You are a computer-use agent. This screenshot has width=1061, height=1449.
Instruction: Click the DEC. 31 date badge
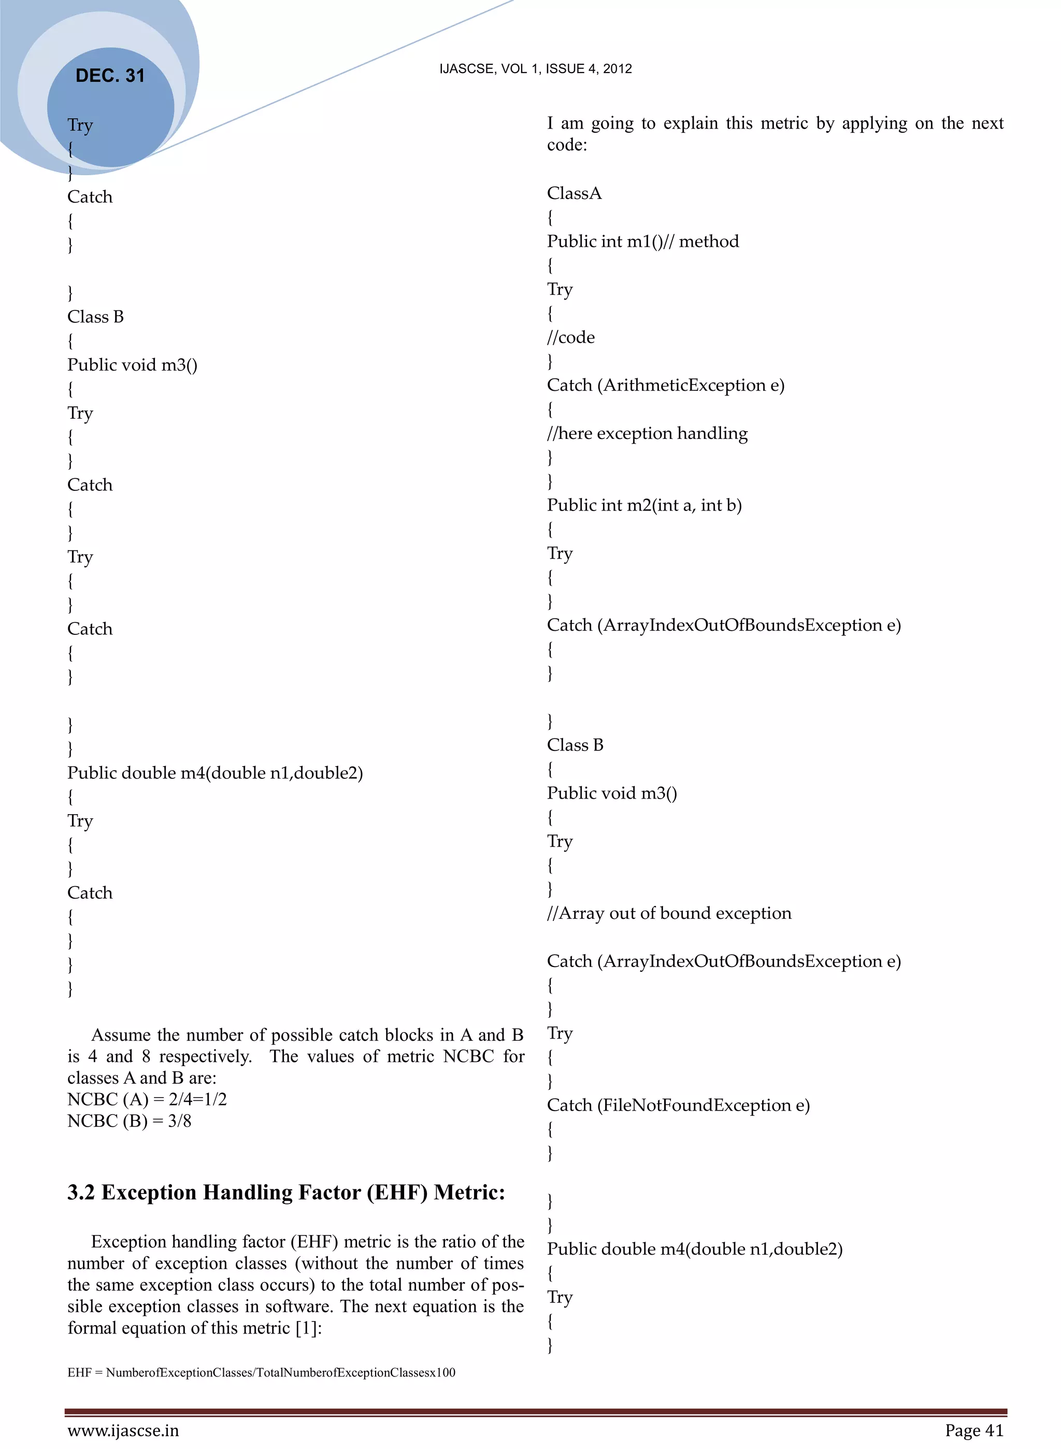pos(110,76)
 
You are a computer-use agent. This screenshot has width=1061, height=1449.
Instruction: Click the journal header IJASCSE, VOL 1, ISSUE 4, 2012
pos(535,69)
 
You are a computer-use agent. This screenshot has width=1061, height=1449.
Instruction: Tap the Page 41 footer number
pos(973,1430)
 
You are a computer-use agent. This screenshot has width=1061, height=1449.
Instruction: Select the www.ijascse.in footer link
pos(123,1430)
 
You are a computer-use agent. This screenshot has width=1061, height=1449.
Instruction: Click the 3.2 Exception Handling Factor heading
pos(286,1192)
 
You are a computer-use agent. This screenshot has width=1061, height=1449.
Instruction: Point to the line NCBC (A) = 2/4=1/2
pos(147,1100)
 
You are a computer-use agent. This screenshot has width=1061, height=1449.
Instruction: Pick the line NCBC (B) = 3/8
pos(129,1121)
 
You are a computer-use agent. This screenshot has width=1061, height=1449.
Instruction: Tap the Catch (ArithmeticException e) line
pos(665,386)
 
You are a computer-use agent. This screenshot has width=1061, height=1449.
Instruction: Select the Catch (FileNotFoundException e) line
pos(678,1105)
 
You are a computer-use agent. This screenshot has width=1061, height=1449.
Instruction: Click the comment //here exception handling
pos(648,434)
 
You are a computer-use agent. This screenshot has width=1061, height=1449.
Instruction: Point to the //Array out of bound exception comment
pos(669,913)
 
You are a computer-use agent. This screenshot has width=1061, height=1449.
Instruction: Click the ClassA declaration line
pos(574,193)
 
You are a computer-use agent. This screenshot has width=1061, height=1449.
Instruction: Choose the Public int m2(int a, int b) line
pos(644,505)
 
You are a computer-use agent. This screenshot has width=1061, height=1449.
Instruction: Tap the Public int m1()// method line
pos(643,241)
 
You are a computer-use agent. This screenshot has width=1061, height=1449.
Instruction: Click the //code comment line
pos(571,338)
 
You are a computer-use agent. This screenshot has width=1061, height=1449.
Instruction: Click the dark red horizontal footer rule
pos(536,1412)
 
